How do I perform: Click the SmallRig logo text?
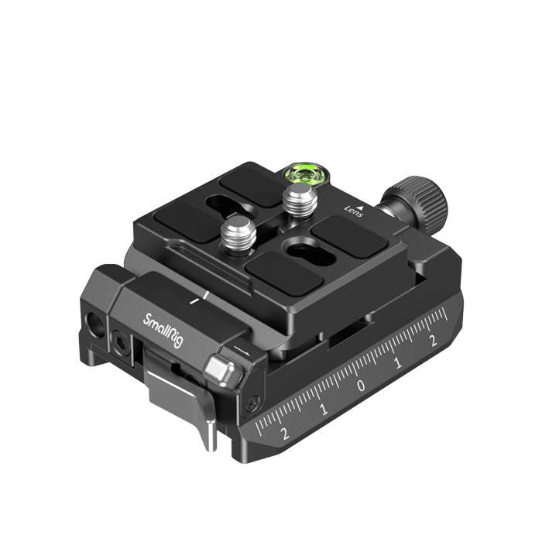[163, 330]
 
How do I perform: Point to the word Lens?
[354, 211]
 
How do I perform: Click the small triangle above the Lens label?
[361, 208]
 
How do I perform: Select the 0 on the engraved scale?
[362, 385]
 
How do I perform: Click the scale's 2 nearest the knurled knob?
[434, 341]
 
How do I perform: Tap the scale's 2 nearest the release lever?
[285, 434]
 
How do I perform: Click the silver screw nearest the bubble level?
[300, 201]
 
